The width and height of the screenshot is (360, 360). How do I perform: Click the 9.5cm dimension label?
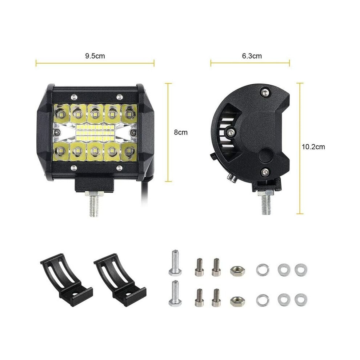tap(95, 56)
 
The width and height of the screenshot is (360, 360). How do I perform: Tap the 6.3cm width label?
tap(252, 56)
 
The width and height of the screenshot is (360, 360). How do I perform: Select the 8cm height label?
tap(181, 132)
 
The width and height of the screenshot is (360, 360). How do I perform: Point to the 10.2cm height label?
tap(313, 147)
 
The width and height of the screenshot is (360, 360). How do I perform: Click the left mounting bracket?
tap(67, 280)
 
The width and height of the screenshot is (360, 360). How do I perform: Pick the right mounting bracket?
tap(120, 280)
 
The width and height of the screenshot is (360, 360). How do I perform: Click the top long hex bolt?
tap(175, 263)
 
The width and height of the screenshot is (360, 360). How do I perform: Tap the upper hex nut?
tap(237, 271)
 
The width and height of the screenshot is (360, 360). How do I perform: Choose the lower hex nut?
tap(237, 301)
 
